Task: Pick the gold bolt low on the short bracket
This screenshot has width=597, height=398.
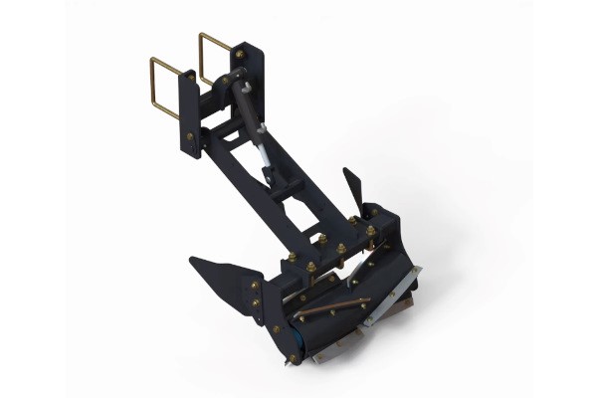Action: (190, 137)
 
